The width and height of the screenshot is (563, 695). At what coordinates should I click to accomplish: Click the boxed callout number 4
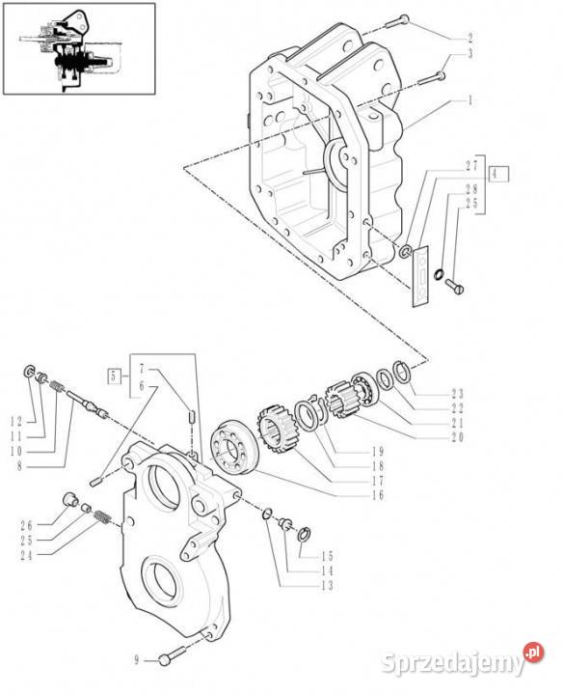[498, 174]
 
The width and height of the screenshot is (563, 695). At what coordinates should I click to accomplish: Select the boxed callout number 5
[114, 377]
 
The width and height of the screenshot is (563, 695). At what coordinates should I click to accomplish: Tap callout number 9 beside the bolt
[137, 660]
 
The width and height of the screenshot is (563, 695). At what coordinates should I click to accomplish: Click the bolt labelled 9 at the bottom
[172, 656]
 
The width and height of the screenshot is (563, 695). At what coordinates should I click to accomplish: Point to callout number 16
[378, 494]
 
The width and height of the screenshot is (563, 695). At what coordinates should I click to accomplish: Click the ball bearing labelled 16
[232, 446]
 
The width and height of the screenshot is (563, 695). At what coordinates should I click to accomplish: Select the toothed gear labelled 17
[275, 429]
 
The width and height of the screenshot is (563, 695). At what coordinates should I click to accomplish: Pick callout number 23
[457, 393]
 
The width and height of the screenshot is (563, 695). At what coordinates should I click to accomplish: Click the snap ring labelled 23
[402, 372]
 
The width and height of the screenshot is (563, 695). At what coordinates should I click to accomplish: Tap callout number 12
[16, 422]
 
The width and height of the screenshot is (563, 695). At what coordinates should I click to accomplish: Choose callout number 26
[27, 526]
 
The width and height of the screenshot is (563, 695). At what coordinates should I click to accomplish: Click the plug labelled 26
[70, 499]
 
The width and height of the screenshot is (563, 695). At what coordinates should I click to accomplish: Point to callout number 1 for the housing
[470, 100]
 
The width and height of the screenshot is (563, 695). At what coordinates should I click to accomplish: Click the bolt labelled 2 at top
[397, 21]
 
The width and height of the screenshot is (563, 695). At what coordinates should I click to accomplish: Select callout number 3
[470, 54]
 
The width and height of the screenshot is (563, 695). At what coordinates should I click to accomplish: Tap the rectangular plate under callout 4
[421, 276]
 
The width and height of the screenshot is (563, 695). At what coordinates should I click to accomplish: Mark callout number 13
[327, 586]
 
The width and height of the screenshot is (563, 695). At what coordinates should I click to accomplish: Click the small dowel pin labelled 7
[192, 417]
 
